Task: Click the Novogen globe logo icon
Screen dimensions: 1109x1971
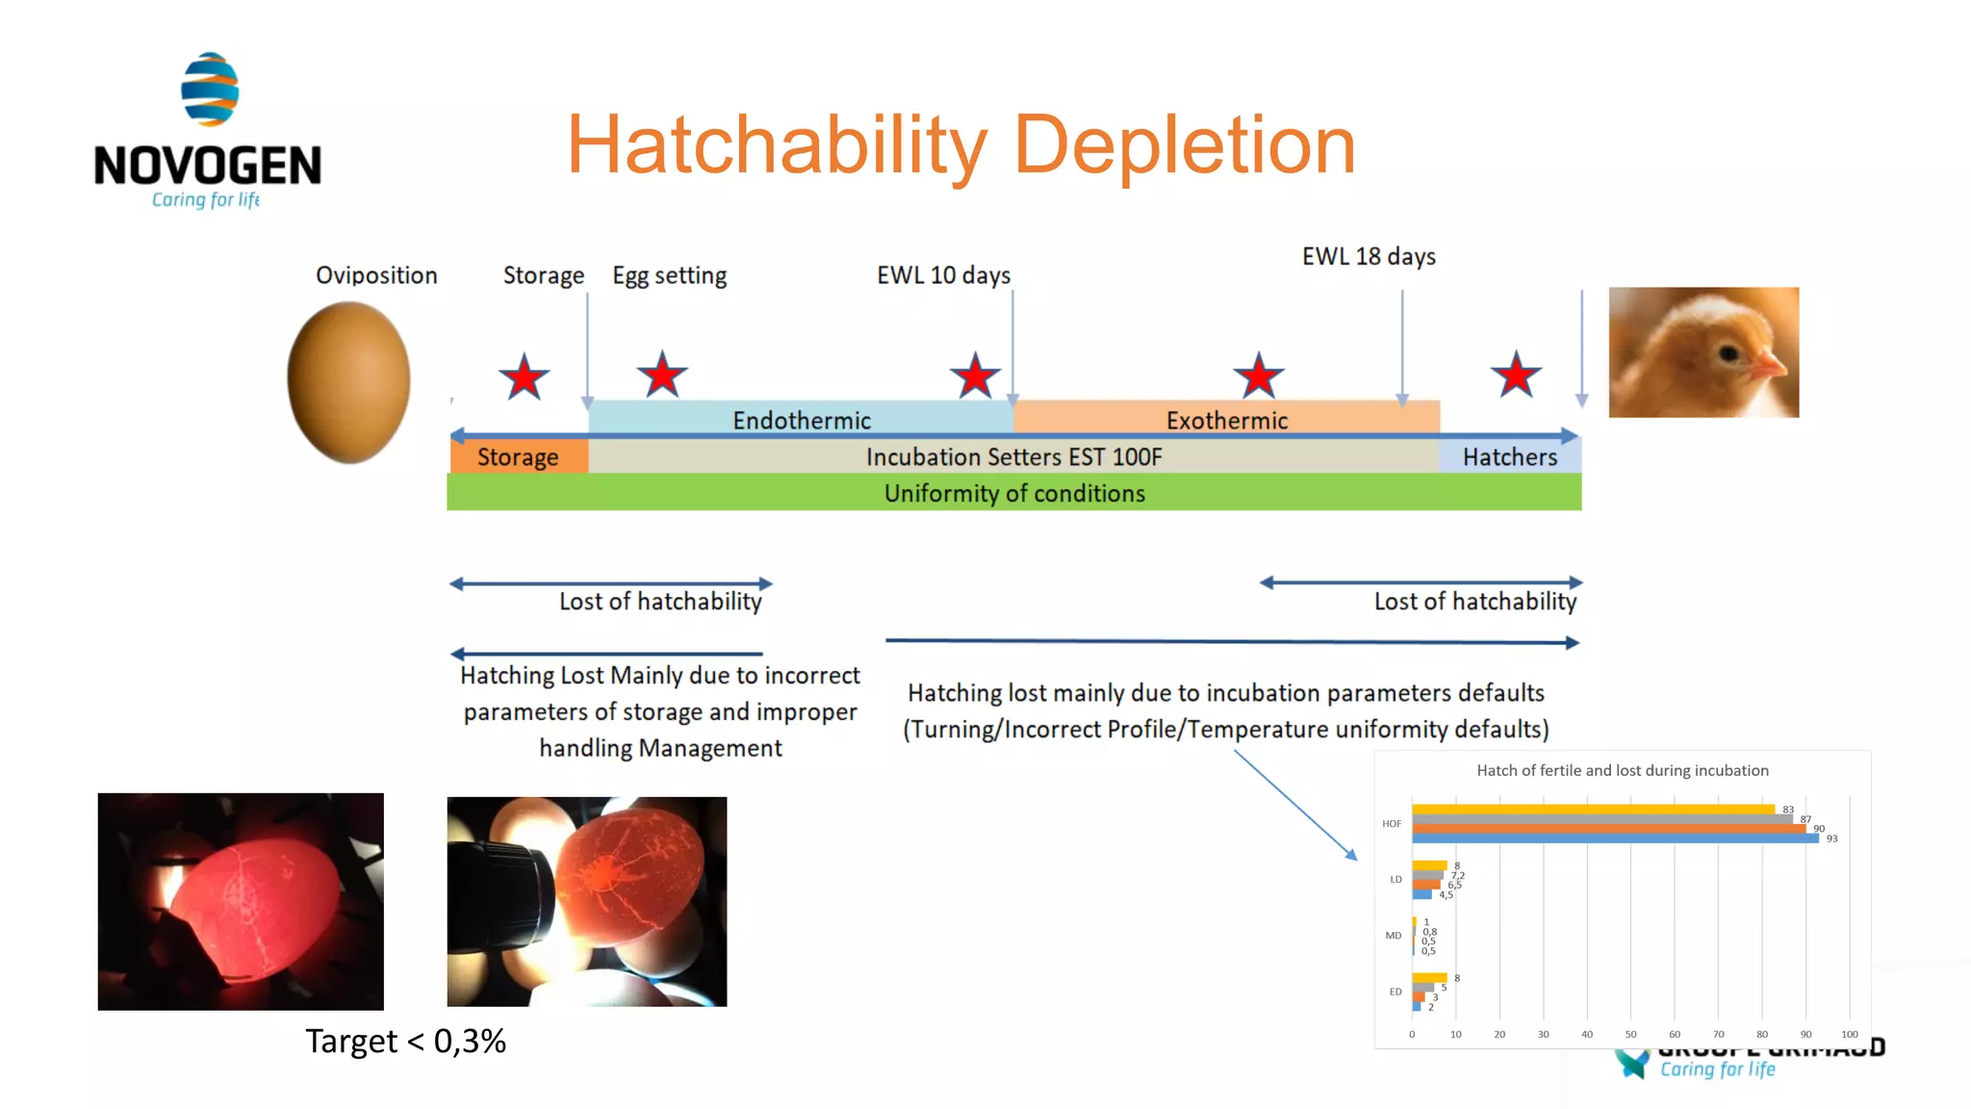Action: pyautogui.click(x=210, y=90)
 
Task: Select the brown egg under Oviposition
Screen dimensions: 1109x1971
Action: pyautogui.click(x=348, y=382)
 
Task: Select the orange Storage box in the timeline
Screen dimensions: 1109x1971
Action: pyautogui.click(x=518, y=456)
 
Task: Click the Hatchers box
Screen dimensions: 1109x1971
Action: pyautogui.click(x=1509, y=456)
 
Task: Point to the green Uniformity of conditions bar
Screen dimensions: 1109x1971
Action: pyautogui.click(x=1013, y=493)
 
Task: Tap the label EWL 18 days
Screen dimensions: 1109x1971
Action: pyautogui.click(x=1368, y=256)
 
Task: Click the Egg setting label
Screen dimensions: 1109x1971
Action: pyautogui.click(x=670, y=275)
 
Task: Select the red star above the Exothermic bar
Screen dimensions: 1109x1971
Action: pyautogui.click(x=1258, y=376)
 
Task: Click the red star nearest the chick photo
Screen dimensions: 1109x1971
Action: pyautogui.click(x=1516, y=375)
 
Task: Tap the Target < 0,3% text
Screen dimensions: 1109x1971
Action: pyautogui.click(x=405, y=1041)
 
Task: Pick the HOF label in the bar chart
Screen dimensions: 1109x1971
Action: pyautogui.click(x=1392, y=824)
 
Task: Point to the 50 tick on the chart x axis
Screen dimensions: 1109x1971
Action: pyautogui.click(x=1630, y=1034)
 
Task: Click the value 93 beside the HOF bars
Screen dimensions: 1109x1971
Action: pyautogui.click(x=1831, y=838)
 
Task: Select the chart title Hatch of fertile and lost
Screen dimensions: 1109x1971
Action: pyautogui.click(x=1622, y=770)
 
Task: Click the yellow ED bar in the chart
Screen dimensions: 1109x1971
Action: pyautogui.click(x=1429, y=977)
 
